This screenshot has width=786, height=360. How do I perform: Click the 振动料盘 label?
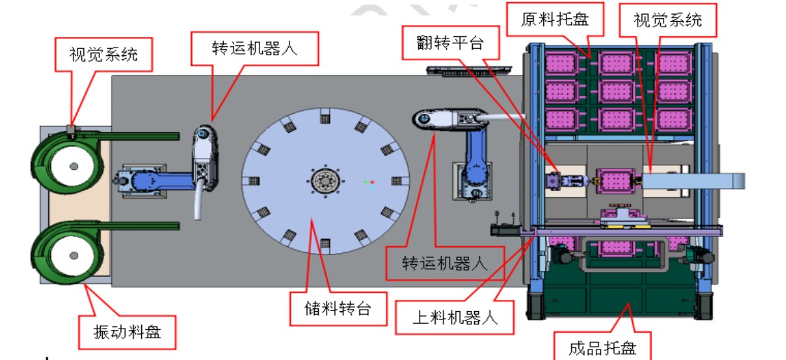[x=128, y=331]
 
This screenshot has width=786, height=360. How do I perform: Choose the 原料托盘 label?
[x=555, y=20]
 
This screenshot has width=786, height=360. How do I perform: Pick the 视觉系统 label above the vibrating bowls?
[x=103, y=54]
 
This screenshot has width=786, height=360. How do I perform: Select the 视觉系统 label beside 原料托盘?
[x=669, y=20]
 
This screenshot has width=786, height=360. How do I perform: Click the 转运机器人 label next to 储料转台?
[x=444, y=262]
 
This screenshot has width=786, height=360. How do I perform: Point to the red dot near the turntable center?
[x=372, y=182]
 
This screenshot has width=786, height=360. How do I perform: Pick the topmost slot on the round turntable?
[x=324, y=118]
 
